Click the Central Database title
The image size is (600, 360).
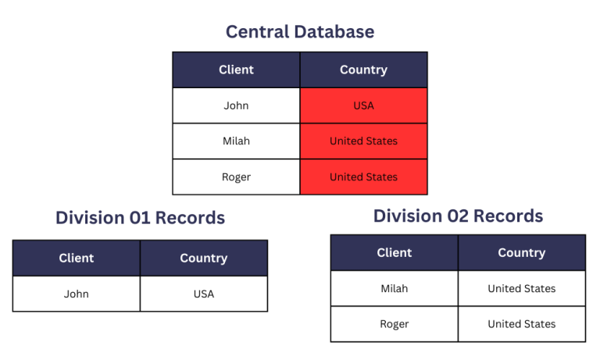click(300, 32)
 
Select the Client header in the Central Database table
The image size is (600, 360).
click(236, 70)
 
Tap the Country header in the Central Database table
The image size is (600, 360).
click(363, 70)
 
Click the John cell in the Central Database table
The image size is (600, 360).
click(236, 105)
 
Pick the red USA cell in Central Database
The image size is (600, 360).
click(363, 105)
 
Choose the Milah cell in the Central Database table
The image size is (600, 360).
click(236, 141)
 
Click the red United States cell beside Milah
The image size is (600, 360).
click(363, 141)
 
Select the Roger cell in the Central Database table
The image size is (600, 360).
click(236, 176)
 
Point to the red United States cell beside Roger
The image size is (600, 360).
click(363, 176)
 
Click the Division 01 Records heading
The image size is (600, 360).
click(140, 218)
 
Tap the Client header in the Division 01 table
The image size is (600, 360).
click(77, 258)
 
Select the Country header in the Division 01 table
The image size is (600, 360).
click(203, 258)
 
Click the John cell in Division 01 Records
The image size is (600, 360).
click(77, 294)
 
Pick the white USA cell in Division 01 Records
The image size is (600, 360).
click(203, 294)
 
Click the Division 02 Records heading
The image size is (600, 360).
click(458, 216)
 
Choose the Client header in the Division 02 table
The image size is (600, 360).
click(395, 252)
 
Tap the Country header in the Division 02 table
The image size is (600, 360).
click(521, 252)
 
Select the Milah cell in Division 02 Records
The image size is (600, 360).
click(395, 288)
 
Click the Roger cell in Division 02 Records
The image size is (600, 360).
click(395, 323)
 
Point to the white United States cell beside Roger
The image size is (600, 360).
click(521, 323)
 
